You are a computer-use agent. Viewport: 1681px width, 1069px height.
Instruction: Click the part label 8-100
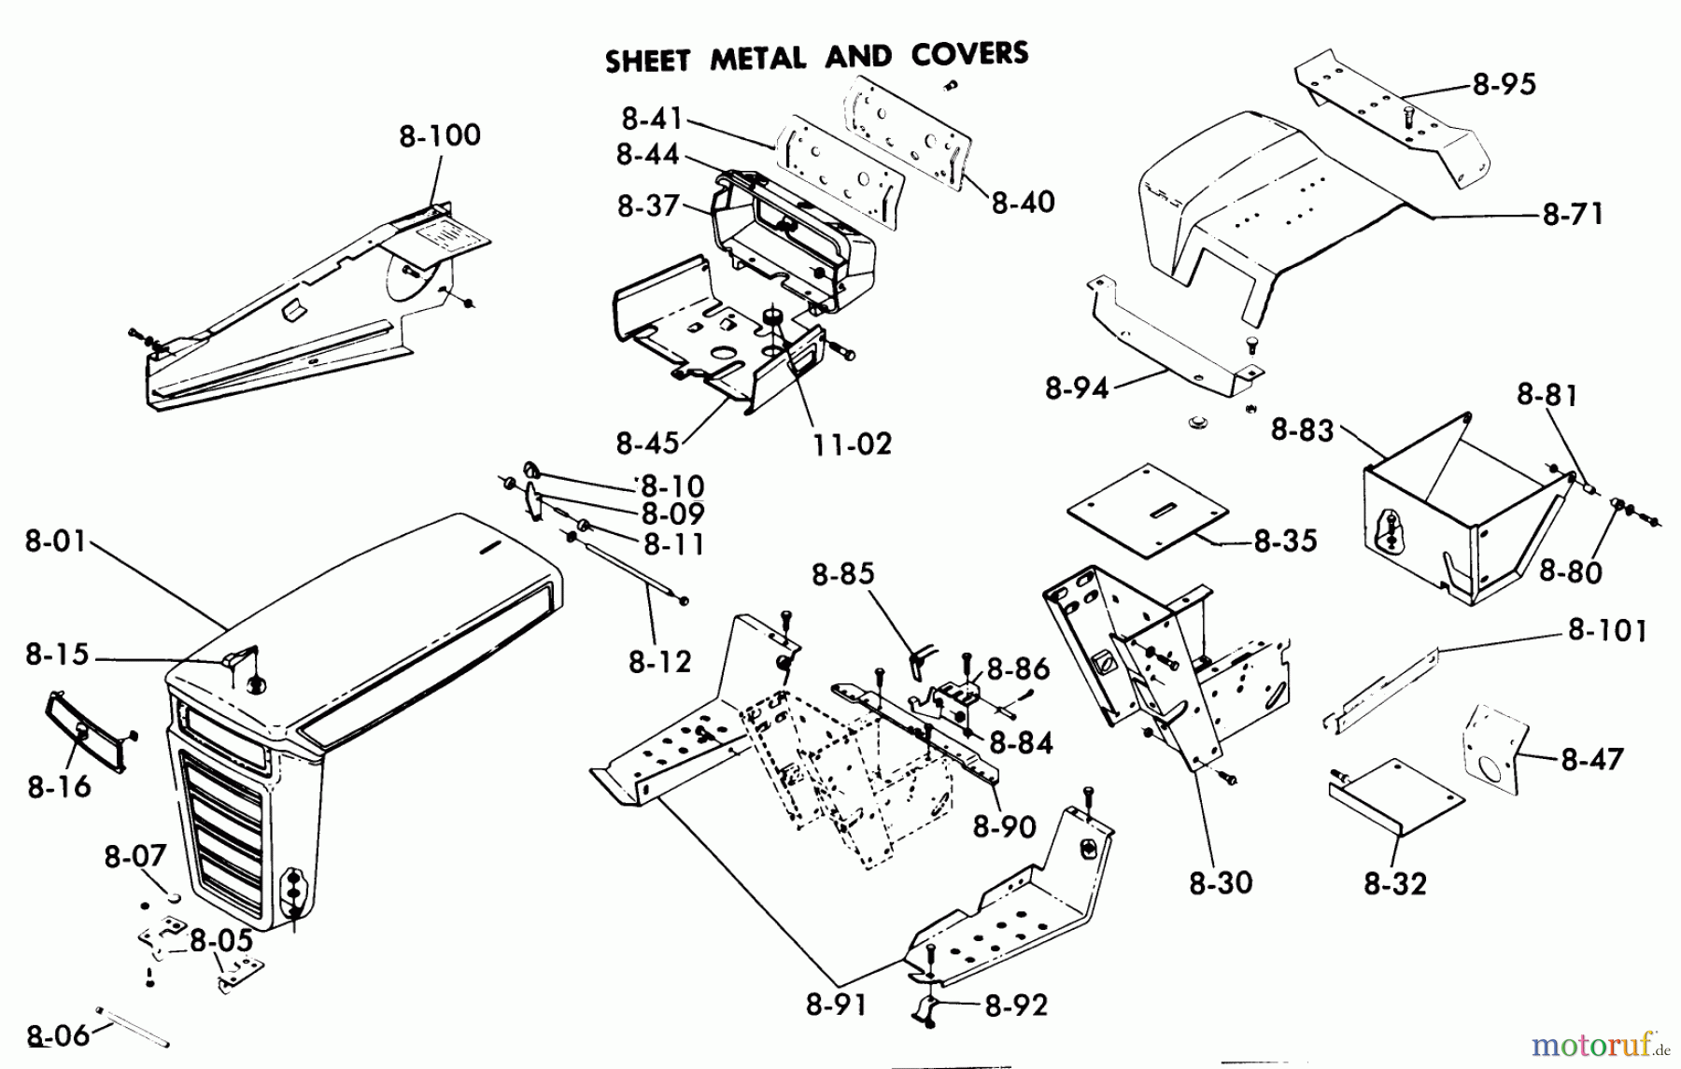(x=439, y=135)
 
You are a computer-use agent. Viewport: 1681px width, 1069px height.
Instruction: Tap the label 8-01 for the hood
(x=55, y=542)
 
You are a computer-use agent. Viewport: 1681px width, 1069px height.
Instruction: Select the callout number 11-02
(x=851, y=443)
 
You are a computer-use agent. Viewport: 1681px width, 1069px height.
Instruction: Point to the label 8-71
(x=1573, y=215)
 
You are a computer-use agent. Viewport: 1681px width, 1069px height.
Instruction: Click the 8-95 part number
(x=1504, y=84)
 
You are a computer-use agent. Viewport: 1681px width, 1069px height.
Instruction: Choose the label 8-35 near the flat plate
(x=1285, y=541)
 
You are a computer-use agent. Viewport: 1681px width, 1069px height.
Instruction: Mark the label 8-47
(x=1591, y=759)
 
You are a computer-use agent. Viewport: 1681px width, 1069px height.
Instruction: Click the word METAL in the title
(x=757, y=59)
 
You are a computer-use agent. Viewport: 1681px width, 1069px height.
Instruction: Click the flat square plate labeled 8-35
(x=1149, y=511)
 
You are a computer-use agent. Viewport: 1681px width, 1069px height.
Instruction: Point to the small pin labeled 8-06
(x=131, y=1026)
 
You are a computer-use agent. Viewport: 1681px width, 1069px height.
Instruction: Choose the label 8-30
(x=1221, y=883)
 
